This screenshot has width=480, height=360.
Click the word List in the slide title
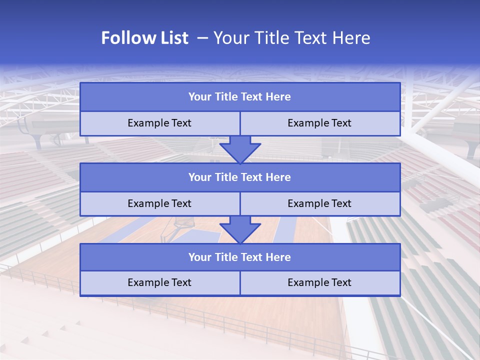coord(171,38)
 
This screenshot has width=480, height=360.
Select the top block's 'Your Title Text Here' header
coord(239,97)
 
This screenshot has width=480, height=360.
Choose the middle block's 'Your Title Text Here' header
coord(239,177)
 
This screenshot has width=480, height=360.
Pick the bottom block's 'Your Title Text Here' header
coord(239,257)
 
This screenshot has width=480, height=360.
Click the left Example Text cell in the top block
coord(159,123)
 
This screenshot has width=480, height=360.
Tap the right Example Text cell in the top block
coord(319,123)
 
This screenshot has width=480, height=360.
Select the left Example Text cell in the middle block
coord(159,203)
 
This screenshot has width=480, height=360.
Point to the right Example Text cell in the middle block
coord(319,203)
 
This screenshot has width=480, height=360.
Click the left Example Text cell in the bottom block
coord(159,282)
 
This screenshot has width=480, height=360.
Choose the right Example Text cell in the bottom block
coord(319,282)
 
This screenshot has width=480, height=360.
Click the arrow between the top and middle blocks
coord(240,149)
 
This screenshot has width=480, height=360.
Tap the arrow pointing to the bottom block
coord(240,229)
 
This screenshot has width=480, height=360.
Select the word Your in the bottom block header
coord(199,257)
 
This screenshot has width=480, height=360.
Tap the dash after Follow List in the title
coord(202,38)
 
